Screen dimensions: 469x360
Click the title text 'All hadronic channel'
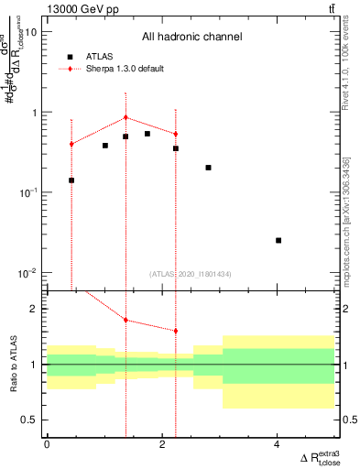tap(191, 38)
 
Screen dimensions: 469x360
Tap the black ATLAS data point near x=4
tap(278, 240)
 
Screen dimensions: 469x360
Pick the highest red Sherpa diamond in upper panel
tap(125, 117)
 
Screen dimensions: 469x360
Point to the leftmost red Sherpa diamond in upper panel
tap(71, 144)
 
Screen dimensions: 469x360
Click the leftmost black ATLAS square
tap(71, 180)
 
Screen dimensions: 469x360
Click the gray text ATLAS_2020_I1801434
tap(191, 274)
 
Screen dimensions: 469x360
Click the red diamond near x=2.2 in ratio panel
tap(175, 331)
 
